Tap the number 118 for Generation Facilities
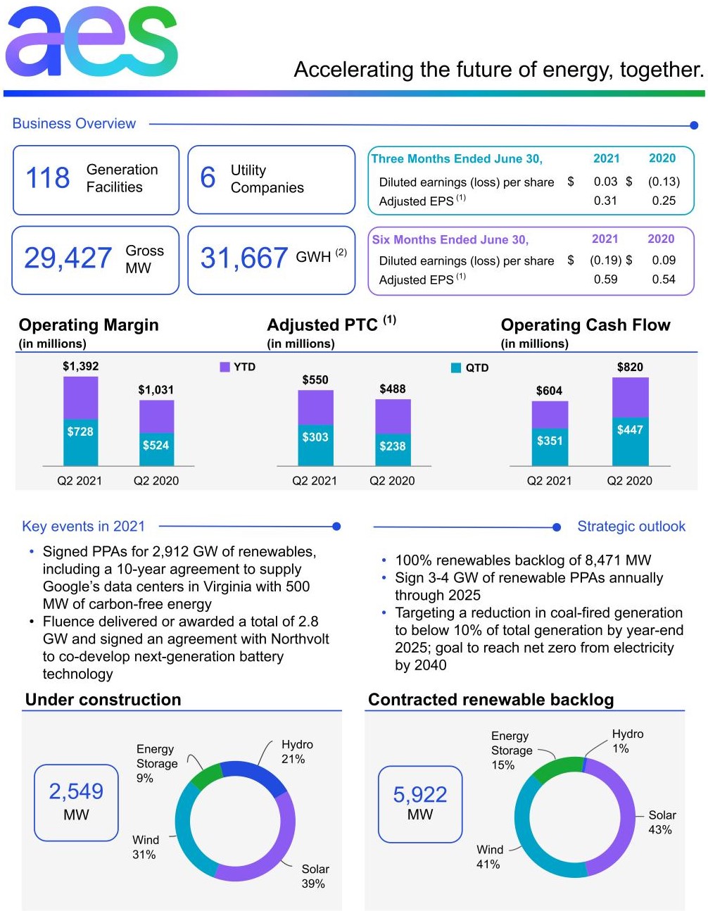[x=48, y=178]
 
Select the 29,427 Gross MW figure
[x=68, y=258]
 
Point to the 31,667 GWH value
[x=244, y=258]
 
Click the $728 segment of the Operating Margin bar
[x=80, y=432]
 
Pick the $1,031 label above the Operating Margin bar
[x=156, y=390]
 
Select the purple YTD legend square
[x=225, y=367]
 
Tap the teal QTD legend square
[x=456, y=367]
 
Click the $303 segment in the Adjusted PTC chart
[x=315, y=437]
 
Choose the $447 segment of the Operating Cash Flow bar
[x=630, y=429]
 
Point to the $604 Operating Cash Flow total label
[x=549, y=391]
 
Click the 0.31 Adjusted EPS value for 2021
[x=605, y=201]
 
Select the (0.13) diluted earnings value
[x=664, y=182]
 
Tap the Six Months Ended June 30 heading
[x=450, y=239]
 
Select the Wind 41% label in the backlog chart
[x=489, y=857]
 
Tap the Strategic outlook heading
[x=631, y=527]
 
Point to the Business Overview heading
[x=74, y=124]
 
